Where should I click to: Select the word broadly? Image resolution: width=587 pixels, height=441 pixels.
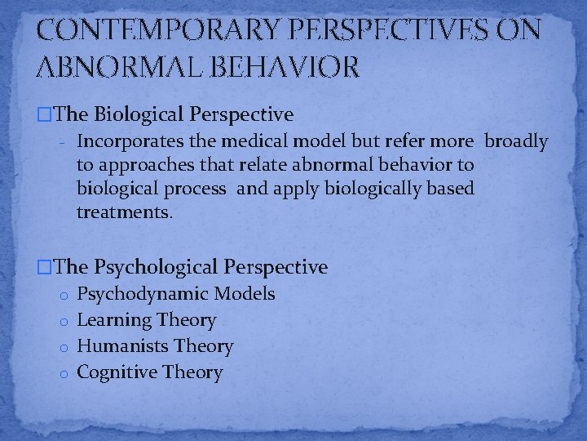click(x=516, y=141)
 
